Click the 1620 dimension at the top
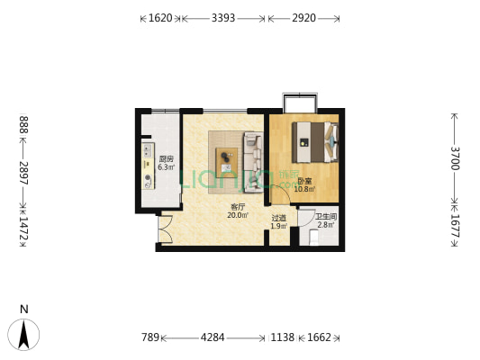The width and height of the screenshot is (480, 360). tap(160, 18)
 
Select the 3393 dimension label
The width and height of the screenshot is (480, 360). tap(223, 18)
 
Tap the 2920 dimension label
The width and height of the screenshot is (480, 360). tap(303, 18)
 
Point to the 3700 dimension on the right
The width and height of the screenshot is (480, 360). tap(455, 158)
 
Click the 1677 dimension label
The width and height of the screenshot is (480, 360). tap(455, 226)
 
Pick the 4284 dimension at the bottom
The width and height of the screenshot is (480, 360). tap(213, 337)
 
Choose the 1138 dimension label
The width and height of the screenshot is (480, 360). tap(283, 337)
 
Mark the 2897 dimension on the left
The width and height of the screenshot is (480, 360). tap(24, 173)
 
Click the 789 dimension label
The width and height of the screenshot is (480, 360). tap(150, 337)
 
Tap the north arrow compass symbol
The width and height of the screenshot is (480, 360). tap(23, 334)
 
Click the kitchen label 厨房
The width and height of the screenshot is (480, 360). tap(167, 159)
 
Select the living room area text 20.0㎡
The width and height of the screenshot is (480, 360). tap(238, 215)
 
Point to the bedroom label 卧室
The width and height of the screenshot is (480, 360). tap(304, 181)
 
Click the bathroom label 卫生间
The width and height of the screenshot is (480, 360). tap(326, 217)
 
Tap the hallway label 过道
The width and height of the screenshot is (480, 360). tap(279, 218)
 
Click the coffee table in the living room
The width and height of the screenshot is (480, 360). tap(227, 160)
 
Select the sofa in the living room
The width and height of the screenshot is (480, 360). tap(253, 162)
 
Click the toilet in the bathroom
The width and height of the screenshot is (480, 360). tap(313, 238)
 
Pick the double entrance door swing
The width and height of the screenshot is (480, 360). tap(166, 229)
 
